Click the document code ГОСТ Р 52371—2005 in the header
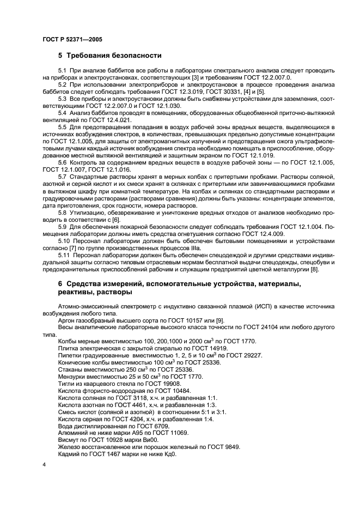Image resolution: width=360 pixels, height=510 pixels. click(71, 40)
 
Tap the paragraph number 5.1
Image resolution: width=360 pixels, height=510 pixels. click(62, 71)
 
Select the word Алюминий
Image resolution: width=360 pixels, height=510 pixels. click(72, 433)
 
